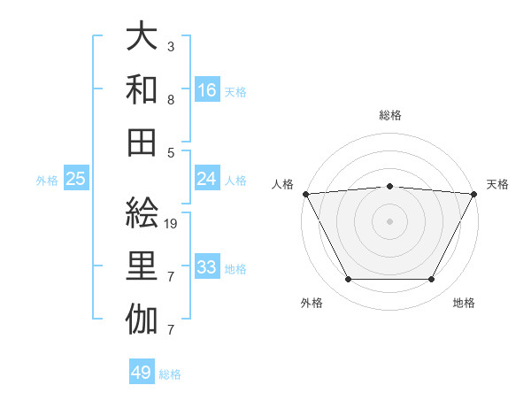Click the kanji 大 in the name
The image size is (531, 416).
[x=142, y=36]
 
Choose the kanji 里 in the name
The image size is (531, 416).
[x=142, y=267]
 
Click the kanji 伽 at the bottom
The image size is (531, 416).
[x=142, y=320]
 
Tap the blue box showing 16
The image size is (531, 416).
[x=207, y=89]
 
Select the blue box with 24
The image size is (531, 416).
[x=207, y=179]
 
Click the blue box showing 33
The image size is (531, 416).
[x=207, y=267]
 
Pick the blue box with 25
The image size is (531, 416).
[x=76, y=179]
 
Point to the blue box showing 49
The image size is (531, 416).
[x=142, y=373]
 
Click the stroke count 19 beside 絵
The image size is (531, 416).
[x=172, y=224]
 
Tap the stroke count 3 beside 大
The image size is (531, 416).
[x=170, y=45]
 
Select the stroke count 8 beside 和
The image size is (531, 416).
[x=170, y=100]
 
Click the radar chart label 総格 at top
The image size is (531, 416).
[x=389, y=115]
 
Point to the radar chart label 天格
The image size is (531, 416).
[x=497, y=184]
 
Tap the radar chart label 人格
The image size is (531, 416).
[x=283, y=184]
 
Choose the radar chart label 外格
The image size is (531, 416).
[x=312, y=303]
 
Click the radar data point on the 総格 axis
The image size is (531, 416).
[x=389, y=186]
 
